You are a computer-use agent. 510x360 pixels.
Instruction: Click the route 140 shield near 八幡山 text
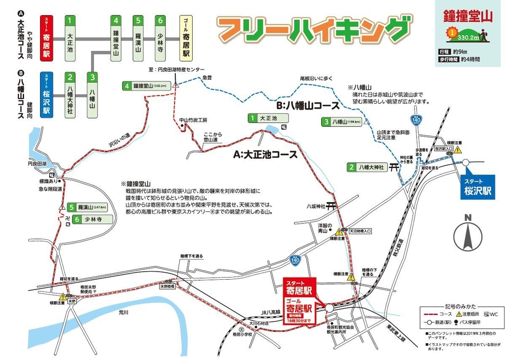[x=416, y=119]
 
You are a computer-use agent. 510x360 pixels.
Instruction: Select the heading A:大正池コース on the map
[x=266, y=155]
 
